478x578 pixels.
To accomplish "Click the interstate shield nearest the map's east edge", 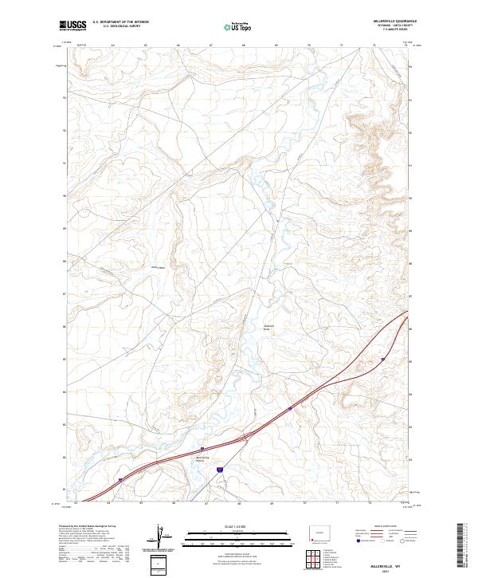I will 383,360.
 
